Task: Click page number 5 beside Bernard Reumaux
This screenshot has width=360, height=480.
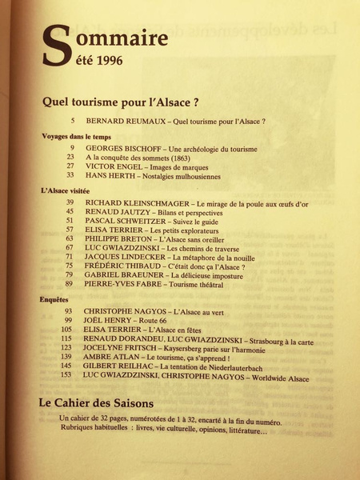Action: (72, 121)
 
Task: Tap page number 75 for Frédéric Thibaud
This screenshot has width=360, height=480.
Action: (69, 264)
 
